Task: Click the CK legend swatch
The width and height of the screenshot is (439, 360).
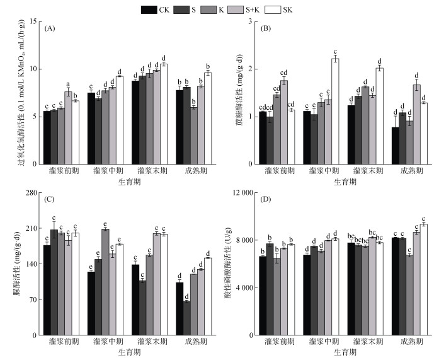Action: (149, 9)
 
